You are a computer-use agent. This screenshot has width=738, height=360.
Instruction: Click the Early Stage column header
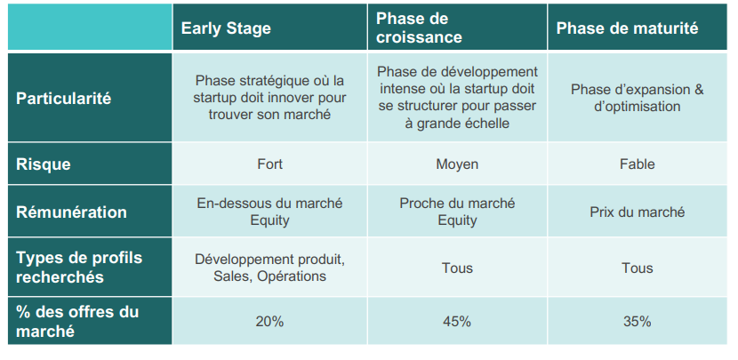tap(226, 28)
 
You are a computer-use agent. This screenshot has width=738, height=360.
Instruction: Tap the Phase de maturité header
tap(627, 28)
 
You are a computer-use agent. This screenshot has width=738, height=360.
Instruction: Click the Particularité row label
tap(64, 98)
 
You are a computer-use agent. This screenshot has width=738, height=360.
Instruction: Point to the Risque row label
tap(44, 164)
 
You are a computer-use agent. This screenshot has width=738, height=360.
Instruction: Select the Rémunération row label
tap(71, 212)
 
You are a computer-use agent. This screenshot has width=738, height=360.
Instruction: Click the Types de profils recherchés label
tap(79, 267)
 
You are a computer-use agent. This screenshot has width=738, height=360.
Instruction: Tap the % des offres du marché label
tap(77, 321)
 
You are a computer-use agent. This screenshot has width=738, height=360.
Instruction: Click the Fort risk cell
tap(269, 164)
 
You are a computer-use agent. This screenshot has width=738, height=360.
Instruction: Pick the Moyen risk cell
tap(457, 164)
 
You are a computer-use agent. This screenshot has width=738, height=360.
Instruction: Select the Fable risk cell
tap(637, 164)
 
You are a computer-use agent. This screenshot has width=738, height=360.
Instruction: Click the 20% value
tap(269, 321)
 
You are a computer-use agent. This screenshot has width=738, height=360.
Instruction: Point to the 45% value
tap(457, 321)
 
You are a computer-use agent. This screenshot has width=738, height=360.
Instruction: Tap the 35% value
tap(637, 321)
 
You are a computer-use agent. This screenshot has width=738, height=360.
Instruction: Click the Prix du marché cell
tap(637, 212)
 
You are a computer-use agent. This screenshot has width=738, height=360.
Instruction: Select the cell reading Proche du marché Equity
tap(457, 212)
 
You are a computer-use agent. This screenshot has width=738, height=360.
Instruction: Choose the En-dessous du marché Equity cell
tap(269, 212)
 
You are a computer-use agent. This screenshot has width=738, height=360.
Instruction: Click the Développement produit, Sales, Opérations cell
tap(269, 268)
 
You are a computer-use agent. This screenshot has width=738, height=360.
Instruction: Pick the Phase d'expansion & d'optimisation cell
tap(637, 98)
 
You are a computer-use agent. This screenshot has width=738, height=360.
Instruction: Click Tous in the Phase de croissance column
tap(457, 268)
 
